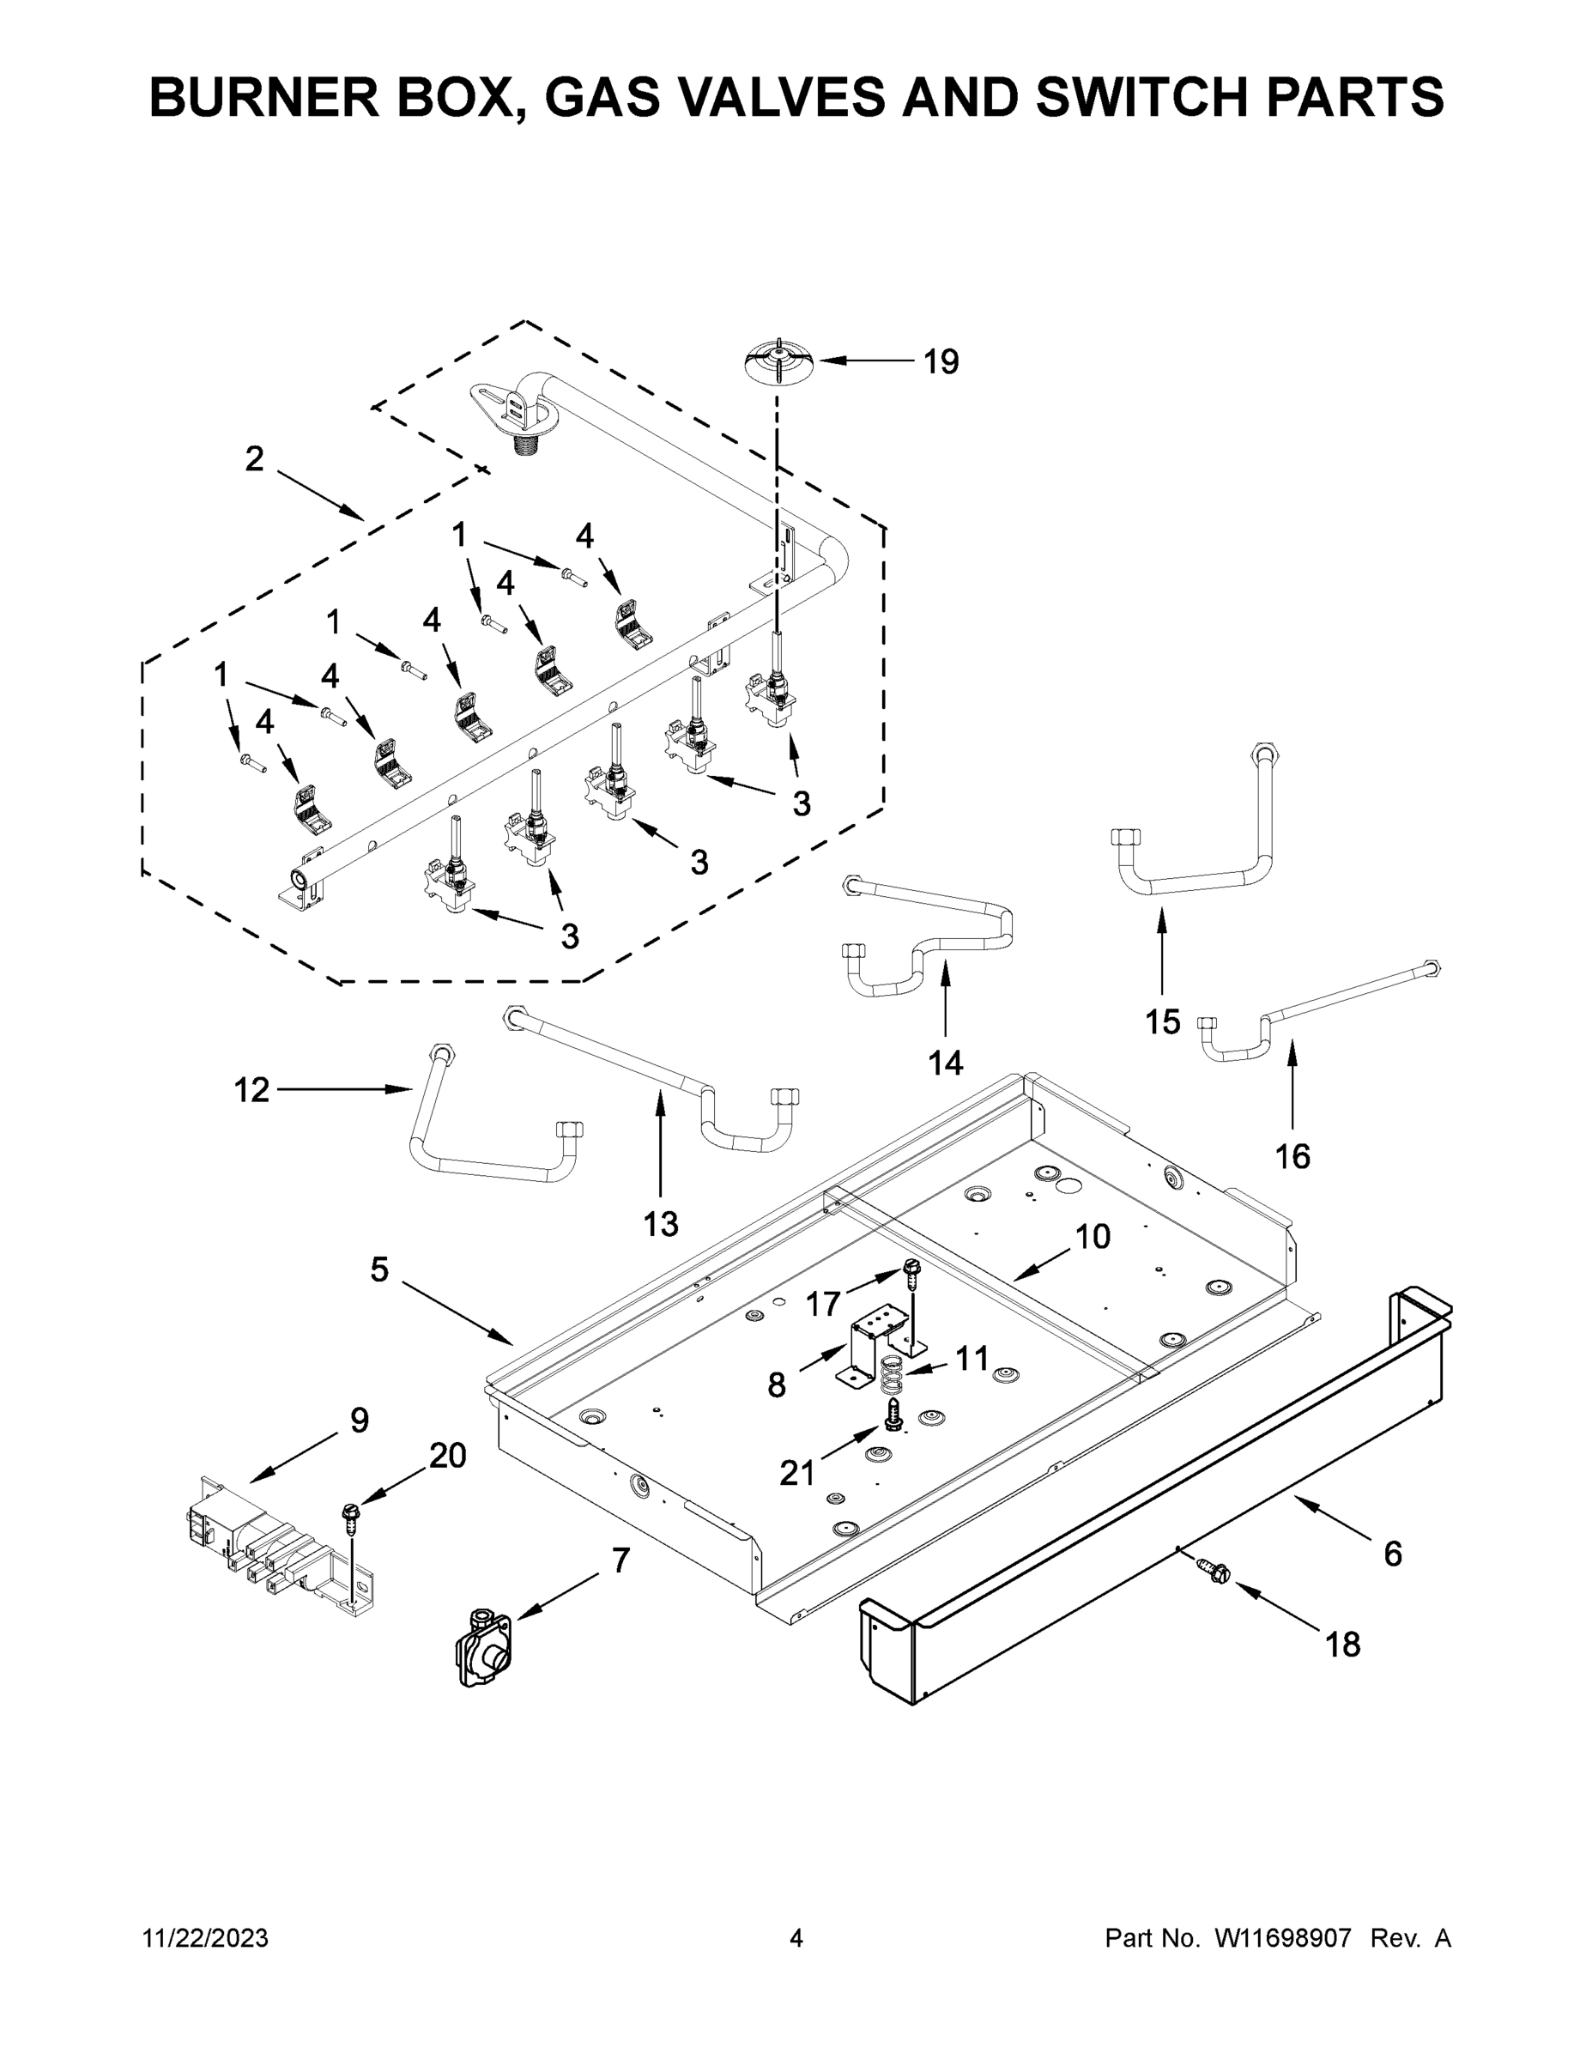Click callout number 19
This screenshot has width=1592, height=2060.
(x=941, y=361)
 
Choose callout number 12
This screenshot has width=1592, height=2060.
(x=251, y=1090)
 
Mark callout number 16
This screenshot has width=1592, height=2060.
(x=1292, y=1155)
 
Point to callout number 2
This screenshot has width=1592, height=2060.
(x=254, y=459)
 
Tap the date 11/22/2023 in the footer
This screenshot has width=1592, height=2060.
(x=204, y=1937)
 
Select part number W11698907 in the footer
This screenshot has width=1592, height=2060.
(x=1283, y=1937)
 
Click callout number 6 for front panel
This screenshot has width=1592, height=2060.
(x=1392, y=1554)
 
